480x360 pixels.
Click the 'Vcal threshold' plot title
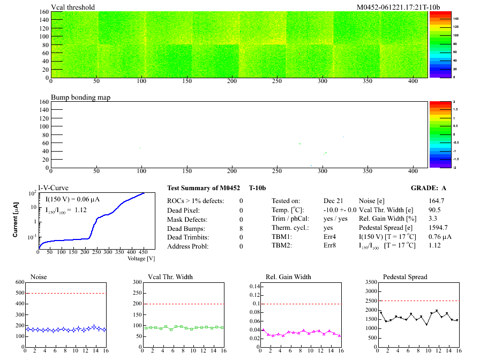tap(73, 7)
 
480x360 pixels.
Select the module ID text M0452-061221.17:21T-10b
tap(392, 7)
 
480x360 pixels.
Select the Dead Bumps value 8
tap(241, 228)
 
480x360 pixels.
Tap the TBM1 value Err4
tap(330, 237)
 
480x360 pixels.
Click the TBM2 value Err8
tap(330, 246)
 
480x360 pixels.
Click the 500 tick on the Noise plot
tap(20, 293)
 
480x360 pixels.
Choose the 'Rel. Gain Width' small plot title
tap(288, 277)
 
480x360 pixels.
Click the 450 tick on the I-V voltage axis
tap(144, 252)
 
